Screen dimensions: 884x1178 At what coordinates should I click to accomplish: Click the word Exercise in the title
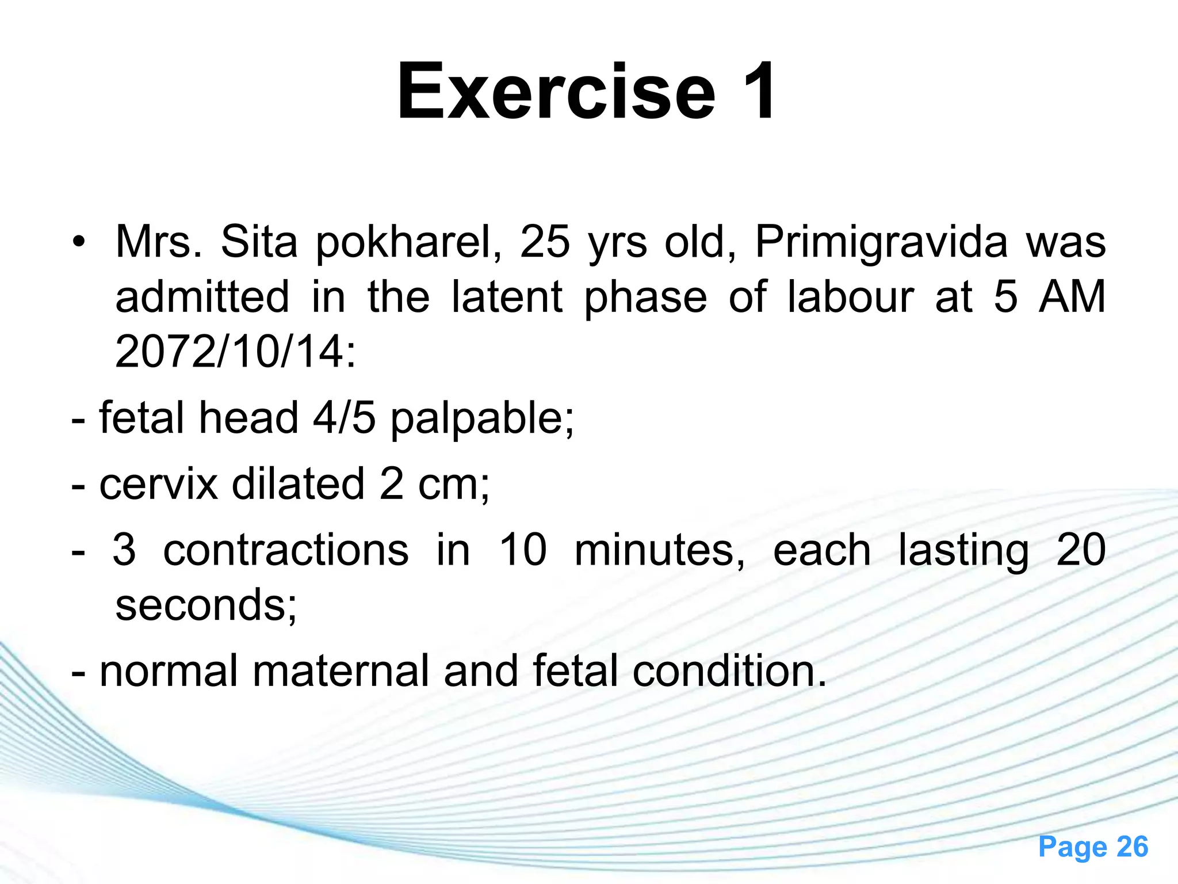tap(556, 92)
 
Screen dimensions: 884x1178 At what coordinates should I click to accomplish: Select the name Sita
tap(259, 242)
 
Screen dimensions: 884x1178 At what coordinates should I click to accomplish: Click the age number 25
tap(545, 242)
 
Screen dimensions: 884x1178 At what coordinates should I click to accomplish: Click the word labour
tap(850, 297)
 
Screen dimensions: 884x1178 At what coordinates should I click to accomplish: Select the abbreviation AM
tap(1072, 297)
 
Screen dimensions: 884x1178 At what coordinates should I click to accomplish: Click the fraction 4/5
tap(344, 418)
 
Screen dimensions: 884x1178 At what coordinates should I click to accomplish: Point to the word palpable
tap(482, 419)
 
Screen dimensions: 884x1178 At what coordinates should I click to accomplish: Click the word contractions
tap(286, 550)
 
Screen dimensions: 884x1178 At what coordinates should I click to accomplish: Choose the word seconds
tap(206, 605)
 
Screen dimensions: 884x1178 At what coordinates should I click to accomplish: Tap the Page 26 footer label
tap(1093, 847)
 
